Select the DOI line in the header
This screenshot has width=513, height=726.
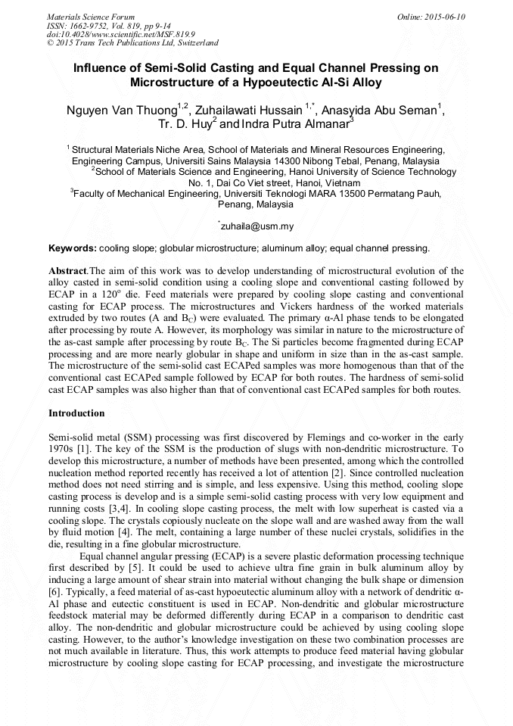(120, 34)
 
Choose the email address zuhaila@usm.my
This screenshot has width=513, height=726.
(257, 226)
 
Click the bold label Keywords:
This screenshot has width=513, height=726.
(73, 248)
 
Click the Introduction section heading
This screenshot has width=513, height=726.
(76, 413)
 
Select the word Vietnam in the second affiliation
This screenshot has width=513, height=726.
(340, 182)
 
